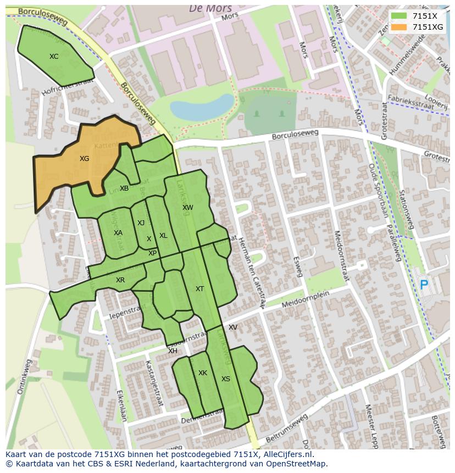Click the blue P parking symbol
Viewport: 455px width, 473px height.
pyautogui.click(x=424, y=285)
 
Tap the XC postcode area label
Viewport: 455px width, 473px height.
pyautogui.click(x=54, y=57)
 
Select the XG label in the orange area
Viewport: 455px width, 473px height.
pyautogui.click(x=84, y=159)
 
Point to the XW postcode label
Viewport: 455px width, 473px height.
pyautogui.click(x=188, y=208)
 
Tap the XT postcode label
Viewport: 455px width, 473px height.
pyautogui.click(x=199, y=289)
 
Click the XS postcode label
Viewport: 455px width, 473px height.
pyautogui.click(x=226, y=379)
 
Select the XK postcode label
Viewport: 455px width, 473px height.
pyautogui.click(x=203, y=373)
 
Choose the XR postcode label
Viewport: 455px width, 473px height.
pyautogui.click(x=120, y=280)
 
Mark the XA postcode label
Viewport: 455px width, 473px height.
pyautogui.click(x=118, y=233)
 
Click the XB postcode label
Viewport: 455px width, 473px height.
pyautogui.click(x=124, y=188)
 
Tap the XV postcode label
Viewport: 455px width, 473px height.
pyautogui.click(x=233, y=327)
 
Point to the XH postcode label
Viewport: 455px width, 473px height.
pyautogui.click(x=173, y=351)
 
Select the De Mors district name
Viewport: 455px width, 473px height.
pyautogui.click(x=210, y=8)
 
